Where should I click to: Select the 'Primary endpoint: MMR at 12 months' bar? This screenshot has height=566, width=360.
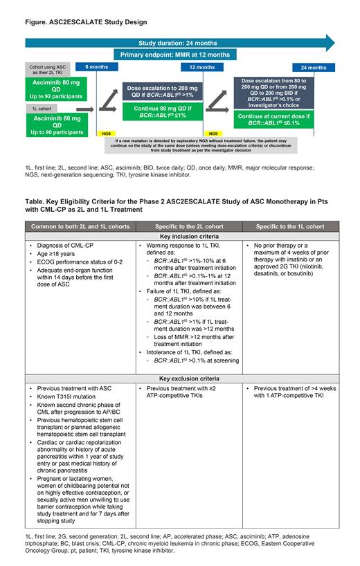tap(179, 54)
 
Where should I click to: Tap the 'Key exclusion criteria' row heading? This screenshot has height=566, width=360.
tap(179, 379)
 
